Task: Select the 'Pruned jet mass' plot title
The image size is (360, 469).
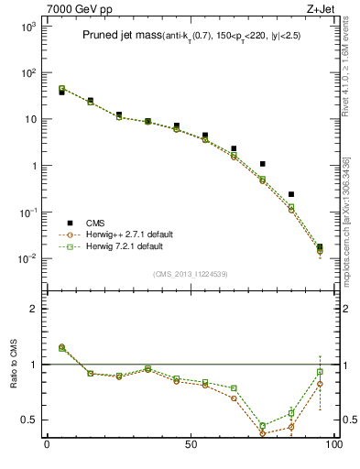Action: point(114,35)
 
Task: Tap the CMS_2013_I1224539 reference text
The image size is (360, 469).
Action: point(190,273)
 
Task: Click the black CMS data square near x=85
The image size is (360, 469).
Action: point(291,194)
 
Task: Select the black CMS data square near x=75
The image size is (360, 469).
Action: point(263,164)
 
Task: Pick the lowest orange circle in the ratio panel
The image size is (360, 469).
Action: point(263,433)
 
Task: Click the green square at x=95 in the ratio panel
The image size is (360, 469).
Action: point(320,372)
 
